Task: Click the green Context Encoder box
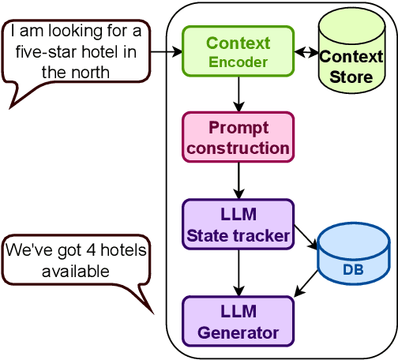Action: coord(238,51)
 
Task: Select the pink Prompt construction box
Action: coord(238,137)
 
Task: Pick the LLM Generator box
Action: coord(238,321)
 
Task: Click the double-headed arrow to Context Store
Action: coord(306,52)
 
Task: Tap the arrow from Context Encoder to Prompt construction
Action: coord(238,94)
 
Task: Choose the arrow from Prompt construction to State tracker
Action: coord(238,181)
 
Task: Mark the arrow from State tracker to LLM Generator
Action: coord(238,272)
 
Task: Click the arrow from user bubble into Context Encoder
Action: coord(166,52)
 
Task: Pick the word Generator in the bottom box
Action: coord(238,332)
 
